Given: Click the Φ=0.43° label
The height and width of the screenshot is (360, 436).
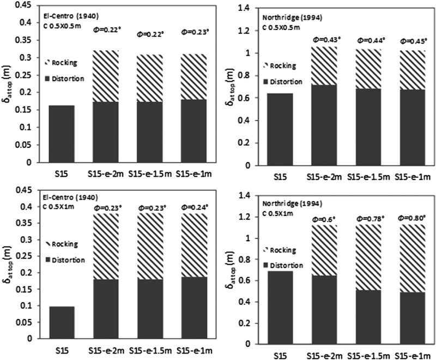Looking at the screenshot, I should pyautogui.click(x=325, y=39).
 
